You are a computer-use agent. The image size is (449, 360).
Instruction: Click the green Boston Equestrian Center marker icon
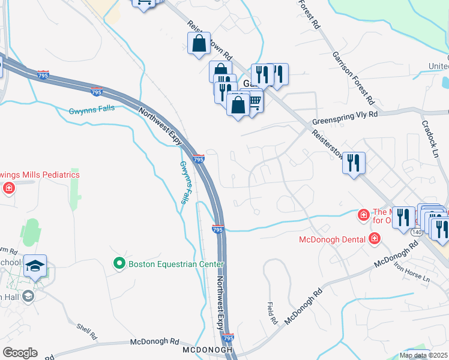pyautogui.click(x=119, y=263)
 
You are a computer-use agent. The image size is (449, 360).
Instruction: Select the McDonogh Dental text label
pyautogui.click(x=332, y=239)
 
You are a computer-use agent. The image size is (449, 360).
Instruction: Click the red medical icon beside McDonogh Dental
pyautogui.click(x=375, y=239)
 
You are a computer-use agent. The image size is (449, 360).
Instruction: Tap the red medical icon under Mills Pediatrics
pyautogui.click(x=8, y=188)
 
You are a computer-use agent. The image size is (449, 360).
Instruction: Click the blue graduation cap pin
pyautogui.click(x=35, y=265)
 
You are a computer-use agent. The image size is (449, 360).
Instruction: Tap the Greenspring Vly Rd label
pyautogui.click(x=345, y=118)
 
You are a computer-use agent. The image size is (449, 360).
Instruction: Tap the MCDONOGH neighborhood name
pyautogui.click(x=208, y=349)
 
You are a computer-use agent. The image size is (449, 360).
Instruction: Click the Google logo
pyautogui.click(x=20, y=353)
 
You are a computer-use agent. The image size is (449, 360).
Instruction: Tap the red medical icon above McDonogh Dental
pyautogui.click(x=363, y=214)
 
